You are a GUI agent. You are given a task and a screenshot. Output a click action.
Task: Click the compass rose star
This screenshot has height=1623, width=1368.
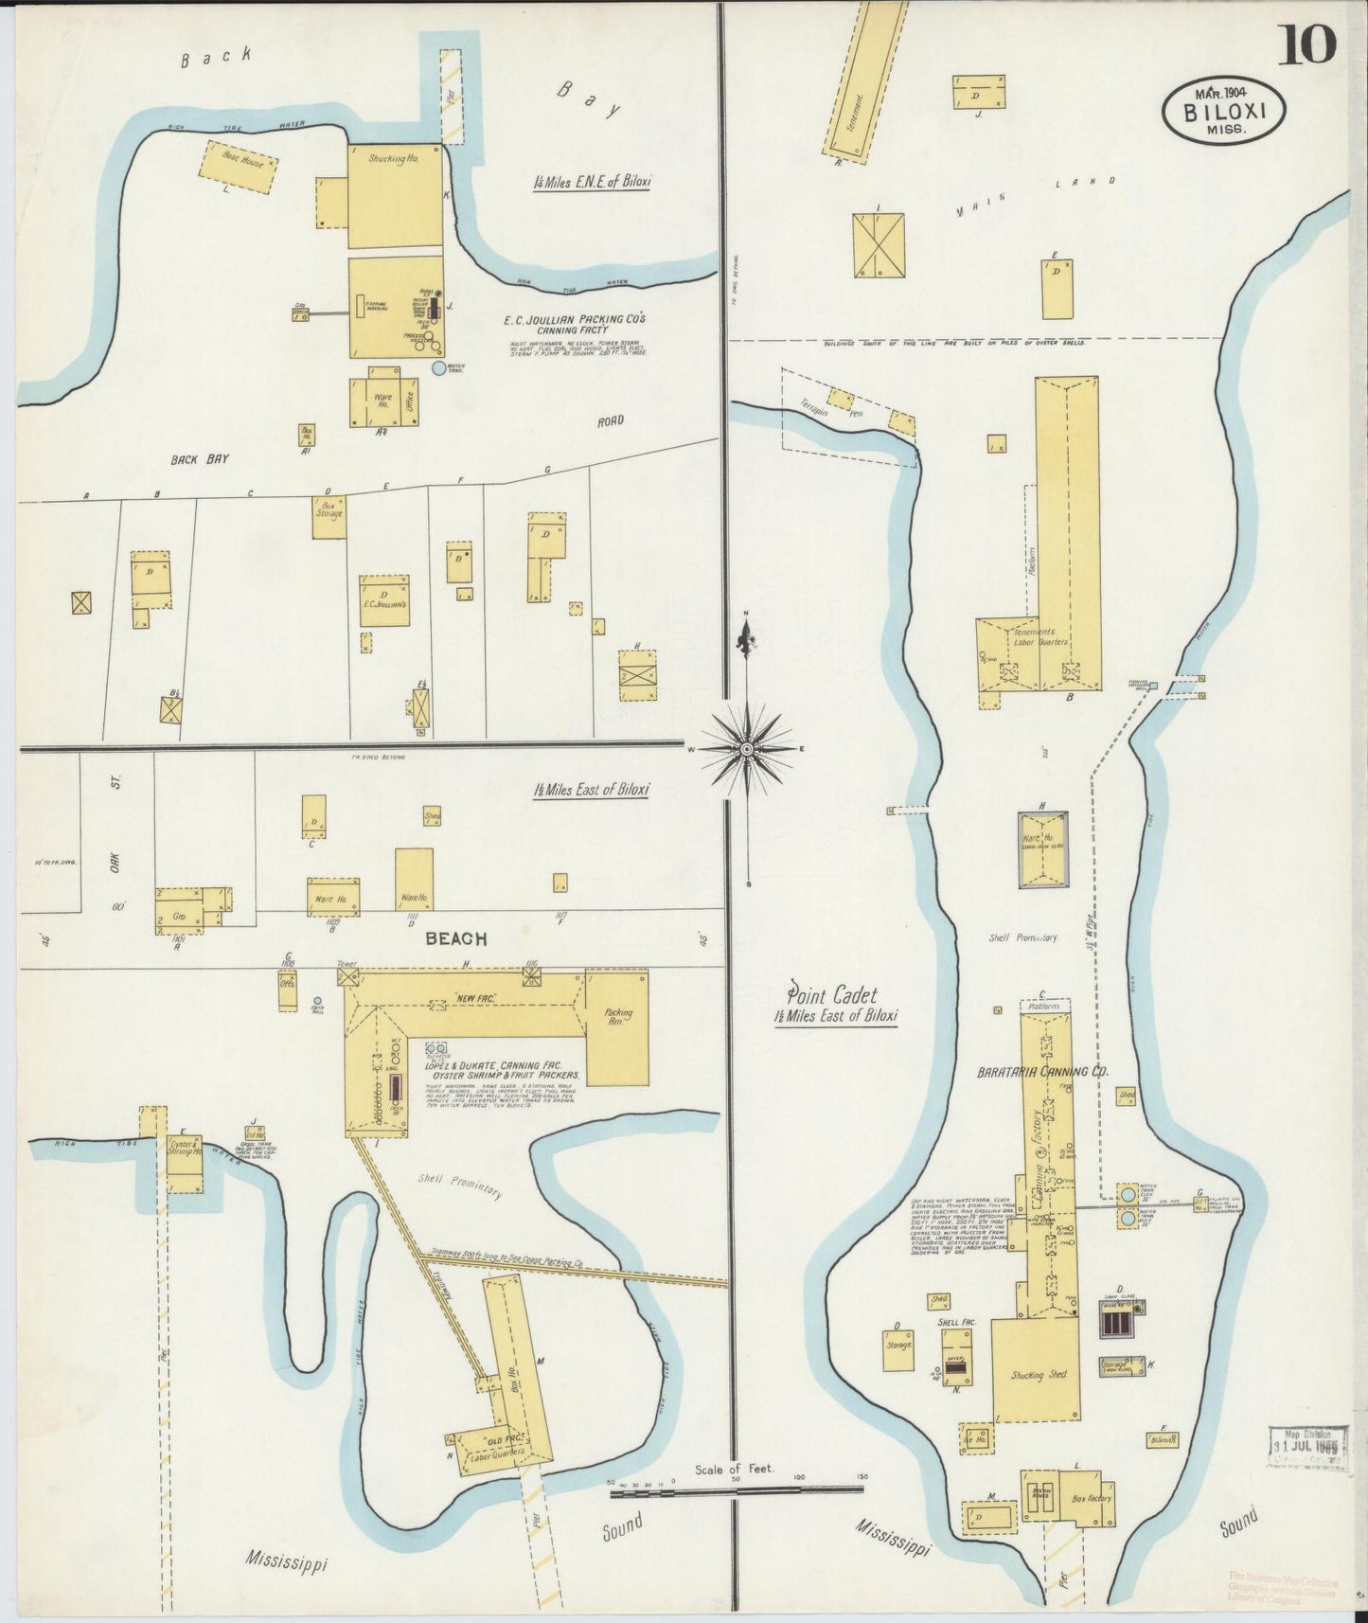(747, 749)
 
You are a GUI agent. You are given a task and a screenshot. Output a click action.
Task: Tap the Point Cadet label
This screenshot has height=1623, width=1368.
(832, 995)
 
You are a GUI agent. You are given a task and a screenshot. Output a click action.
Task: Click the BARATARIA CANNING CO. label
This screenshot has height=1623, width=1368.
(1042, 1073)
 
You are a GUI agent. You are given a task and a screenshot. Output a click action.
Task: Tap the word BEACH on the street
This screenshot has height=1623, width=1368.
(455, 938)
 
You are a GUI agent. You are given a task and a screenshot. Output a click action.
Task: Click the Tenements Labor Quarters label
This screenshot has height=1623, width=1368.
(1039, 636)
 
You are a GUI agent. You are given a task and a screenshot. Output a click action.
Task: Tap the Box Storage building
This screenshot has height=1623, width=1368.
(329, 518)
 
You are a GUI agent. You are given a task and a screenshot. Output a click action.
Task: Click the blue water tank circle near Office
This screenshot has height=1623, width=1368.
(438, 367)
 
